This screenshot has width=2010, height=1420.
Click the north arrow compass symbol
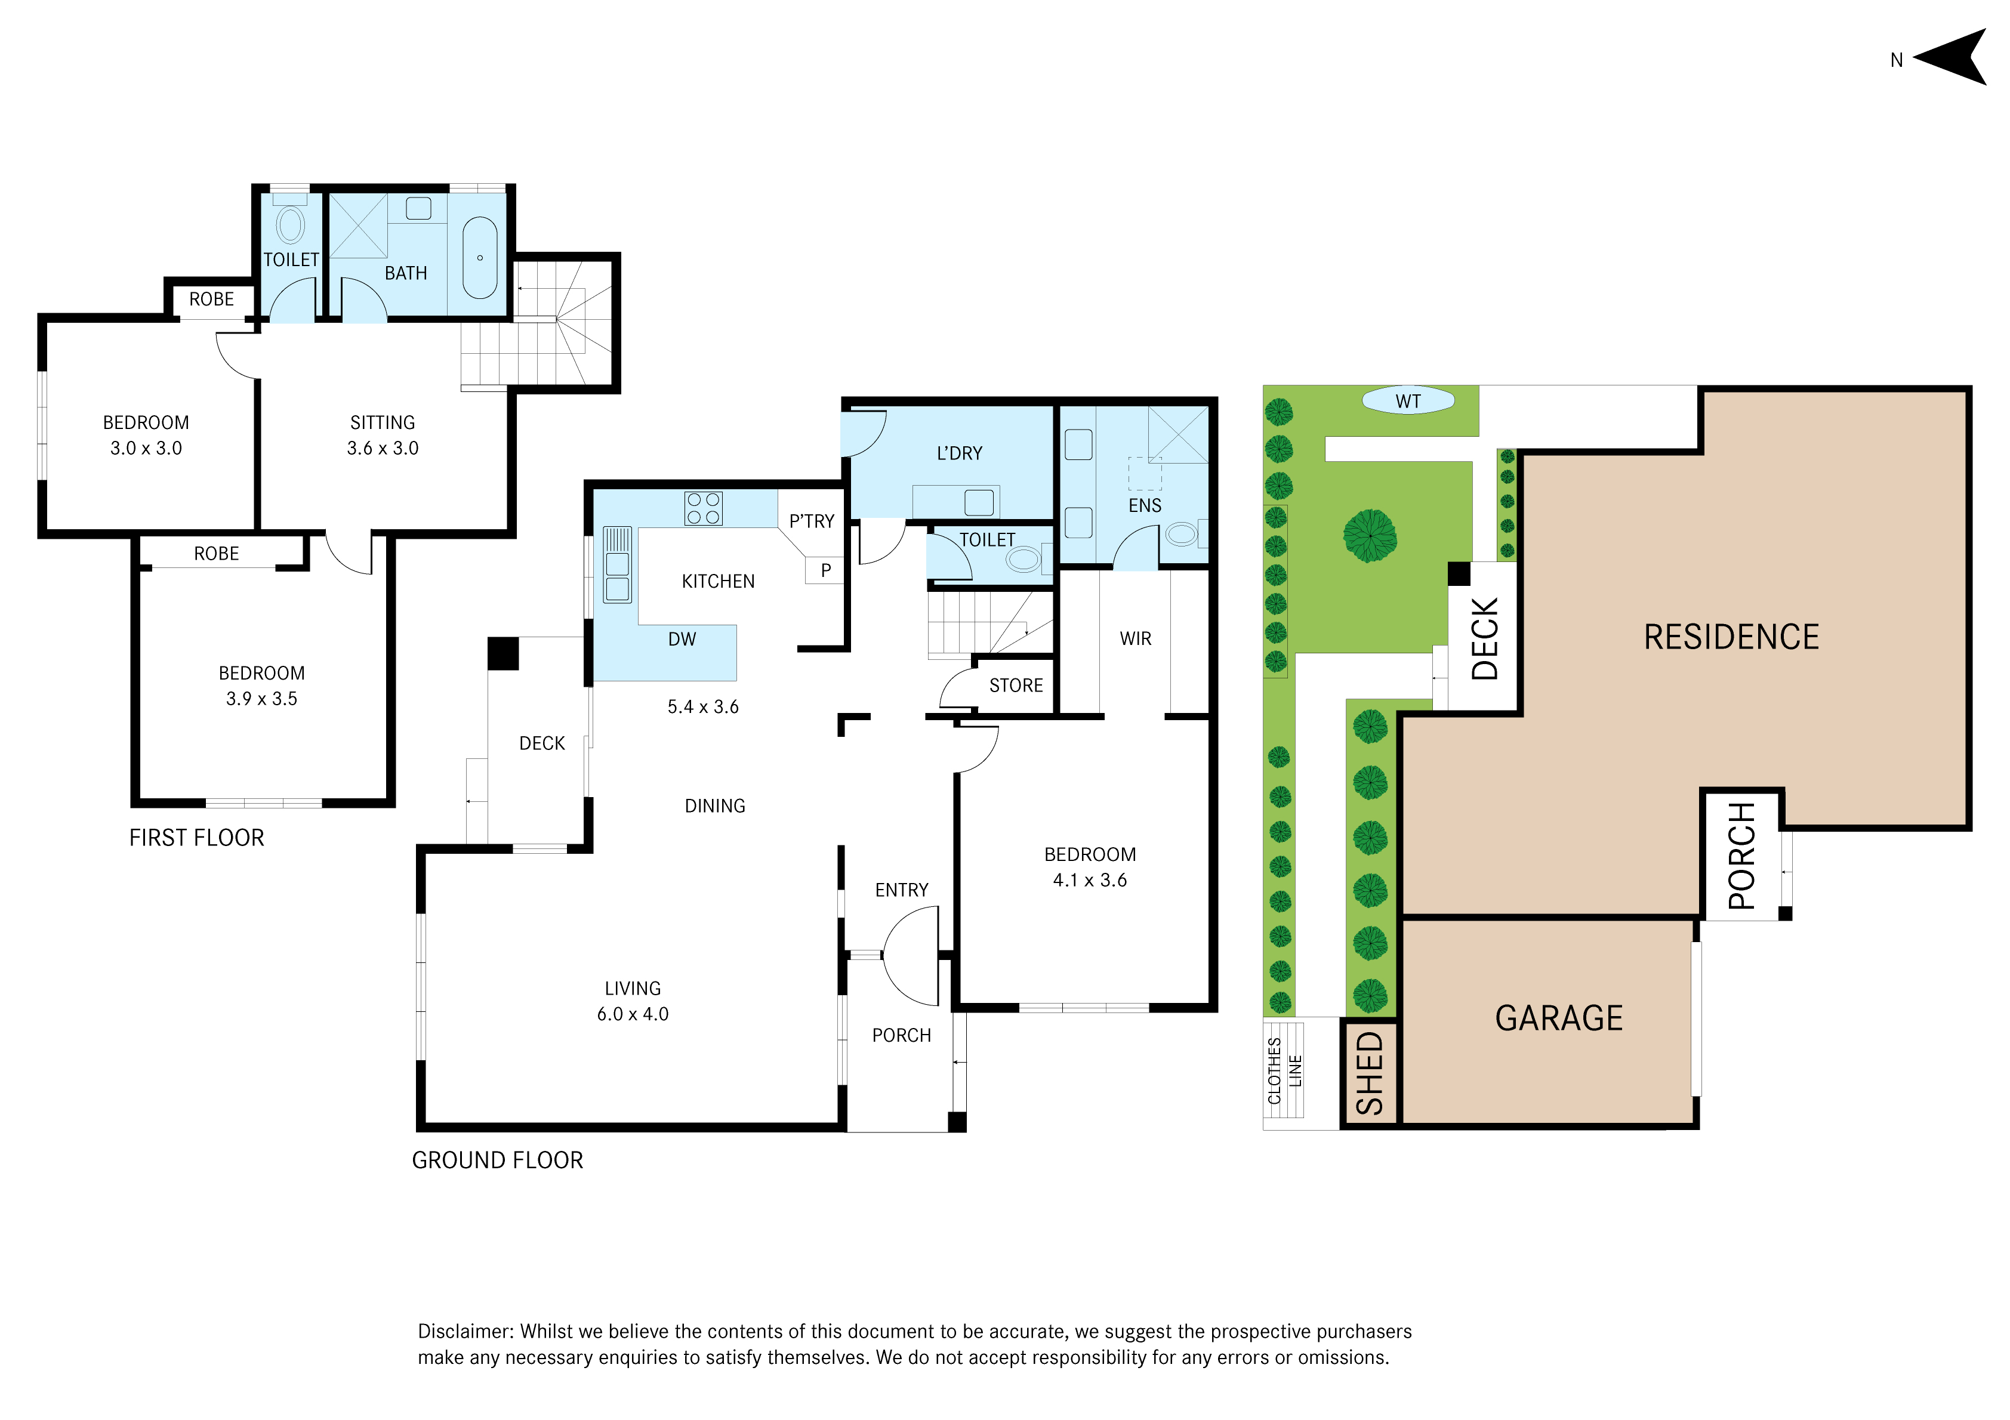1954,57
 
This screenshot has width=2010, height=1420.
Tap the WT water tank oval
1408,401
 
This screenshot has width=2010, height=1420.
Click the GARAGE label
1559,1018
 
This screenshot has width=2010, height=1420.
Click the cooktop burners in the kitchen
704,509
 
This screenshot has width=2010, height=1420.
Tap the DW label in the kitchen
682,639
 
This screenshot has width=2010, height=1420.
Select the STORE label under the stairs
1016,686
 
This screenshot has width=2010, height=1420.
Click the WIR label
1136,639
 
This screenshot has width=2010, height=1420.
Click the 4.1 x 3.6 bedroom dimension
1090,880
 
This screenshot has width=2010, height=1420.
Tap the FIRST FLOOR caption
197,838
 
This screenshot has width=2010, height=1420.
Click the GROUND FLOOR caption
497,1160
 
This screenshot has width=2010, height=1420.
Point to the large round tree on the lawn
1370,536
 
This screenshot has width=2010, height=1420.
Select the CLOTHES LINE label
1284,1072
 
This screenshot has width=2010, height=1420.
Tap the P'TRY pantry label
812,521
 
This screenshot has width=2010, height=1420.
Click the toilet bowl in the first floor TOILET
291,225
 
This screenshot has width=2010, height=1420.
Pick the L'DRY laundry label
960,453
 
